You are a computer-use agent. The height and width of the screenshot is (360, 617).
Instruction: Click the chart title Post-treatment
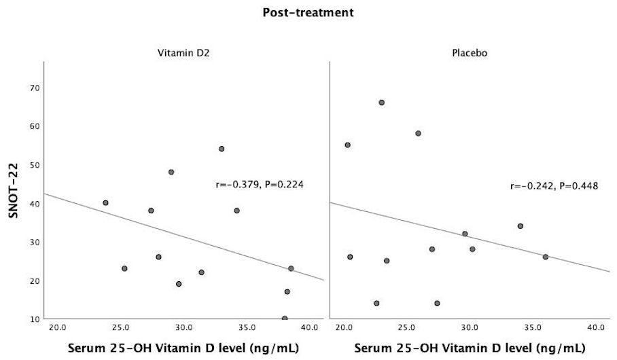click(x=308, y=12)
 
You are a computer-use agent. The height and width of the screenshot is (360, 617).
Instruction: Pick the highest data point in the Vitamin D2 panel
click(x=222, y=149)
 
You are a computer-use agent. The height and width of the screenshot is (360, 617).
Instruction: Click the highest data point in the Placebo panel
click(x=382, y=103)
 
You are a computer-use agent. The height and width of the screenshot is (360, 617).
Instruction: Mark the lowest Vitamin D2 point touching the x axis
click(x=285, y=318)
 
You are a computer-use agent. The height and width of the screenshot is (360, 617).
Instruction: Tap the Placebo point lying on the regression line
click(x=546, y=257)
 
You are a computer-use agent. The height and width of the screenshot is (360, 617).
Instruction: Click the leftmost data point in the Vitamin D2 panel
click(x=105, y=202)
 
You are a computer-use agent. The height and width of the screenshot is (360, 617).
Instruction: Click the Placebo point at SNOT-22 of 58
click(x=419, y=133)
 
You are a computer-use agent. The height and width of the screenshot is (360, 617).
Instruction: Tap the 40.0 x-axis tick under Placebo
click(x=596, y=328)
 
